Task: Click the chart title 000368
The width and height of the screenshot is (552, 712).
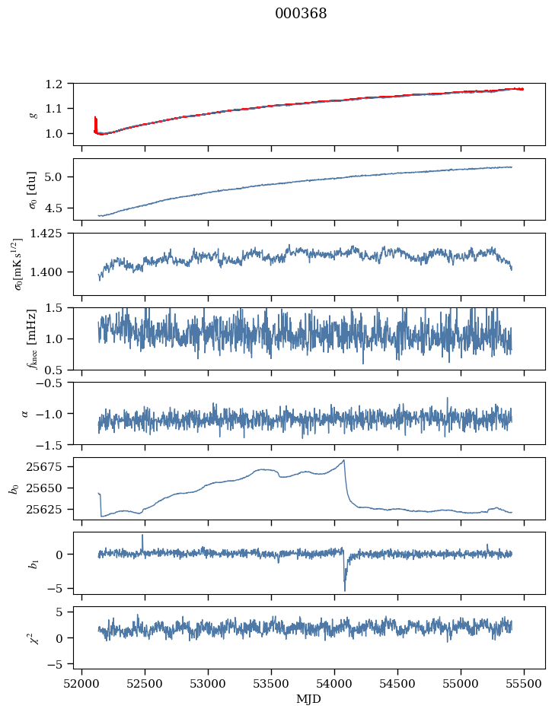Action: (x=301, y=14)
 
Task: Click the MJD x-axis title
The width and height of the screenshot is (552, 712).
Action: (x=309, y=698)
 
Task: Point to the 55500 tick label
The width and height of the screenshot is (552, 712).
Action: (x=524, y=683)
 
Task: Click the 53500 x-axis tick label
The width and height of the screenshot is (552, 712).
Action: (x=271, y=683)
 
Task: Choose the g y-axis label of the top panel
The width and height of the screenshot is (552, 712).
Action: (x=33, y=114)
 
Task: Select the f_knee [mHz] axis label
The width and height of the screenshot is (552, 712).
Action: (x=33, y=339)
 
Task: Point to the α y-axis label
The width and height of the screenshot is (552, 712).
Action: (x=25, y=413)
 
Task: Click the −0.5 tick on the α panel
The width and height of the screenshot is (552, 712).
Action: (x=53, y=383)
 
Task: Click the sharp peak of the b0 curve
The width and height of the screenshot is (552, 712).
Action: (x=344, y=460)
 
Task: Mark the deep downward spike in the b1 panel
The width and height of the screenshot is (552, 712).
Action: (x=344, y=590)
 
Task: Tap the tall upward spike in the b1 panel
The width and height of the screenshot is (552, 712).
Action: (x=142, y=535)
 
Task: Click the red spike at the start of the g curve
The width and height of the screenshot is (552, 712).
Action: (x=95, y=119)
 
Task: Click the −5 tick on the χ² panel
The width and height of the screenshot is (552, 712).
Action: (x=59, y=664)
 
